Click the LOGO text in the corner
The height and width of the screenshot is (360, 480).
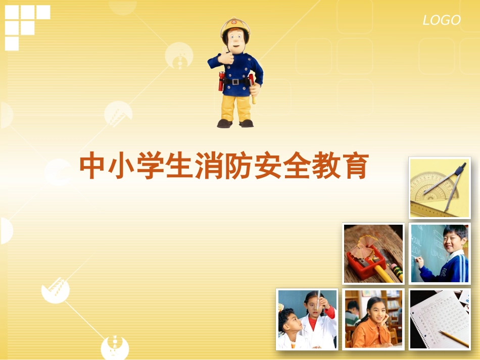click(x=441, y=20)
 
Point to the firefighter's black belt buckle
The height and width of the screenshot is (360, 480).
click(x=235, y=82)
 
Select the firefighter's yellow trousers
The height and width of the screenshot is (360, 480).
click(x=236, y=106)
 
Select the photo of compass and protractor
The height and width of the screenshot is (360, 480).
click(x=439, y=187)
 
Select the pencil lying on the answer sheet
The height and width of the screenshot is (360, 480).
click(x=453, y=338)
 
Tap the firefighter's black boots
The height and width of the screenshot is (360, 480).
click(x=235, y=123)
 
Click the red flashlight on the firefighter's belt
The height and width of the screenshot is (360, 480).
click(x=221, y=81)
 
